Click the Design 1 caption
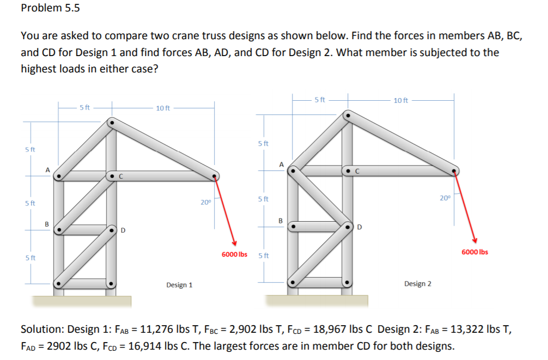coord(179,285)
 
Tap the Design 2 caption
coord(418,284)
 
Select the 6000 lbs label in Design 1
coord(234,254)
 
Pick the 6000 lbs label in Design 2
coord(474,252)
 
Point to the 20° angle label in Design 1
coord(205,203)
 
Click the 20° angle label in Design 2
coord(446,198)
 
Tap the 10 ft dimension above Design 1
coord(163,108)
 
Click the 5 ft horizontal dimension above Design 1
coord(85,107)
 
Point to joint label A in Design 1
coord(47,170)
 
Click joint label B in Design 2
coord(280,221)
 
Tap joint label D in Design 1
coord(123,230)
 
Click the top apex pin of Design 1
coord(111,123)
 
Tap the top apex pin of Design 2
coord(347,115)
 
